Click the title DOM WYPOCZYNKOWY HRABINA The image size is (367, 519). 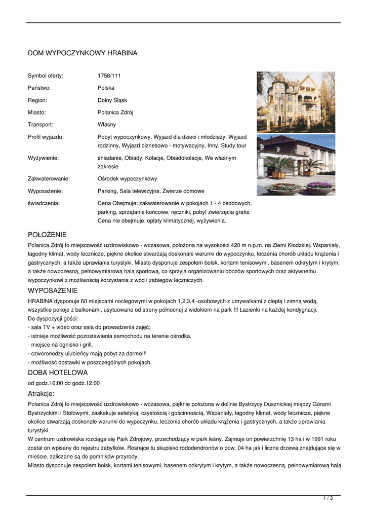coord(83,53)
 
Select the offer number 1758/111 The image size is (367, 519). coord(109,76)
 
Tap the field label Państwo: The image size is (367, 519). coord(39,88)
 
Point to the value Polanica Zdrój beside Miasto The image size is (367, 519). coord(115,113)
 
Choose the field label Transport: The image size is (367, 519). coord(40,125)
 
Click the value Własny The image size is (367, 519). coord(107,125)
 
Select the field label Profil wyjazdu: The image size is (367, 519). coord(46,137)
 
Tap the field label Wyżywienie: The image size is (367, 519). coord(43,158)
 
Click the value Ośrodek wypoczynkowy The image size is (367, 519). coord(128,179)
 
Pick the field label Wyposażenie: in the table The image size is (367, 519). coord(45,191)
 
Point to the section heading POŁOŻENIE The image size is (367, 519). coord(47,235)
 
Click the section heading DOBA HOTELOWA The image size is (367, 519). coord(58,373)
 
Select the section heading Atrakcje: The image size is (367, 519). coord(42,394)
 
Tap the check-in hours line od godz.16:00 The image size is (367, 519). coord(64,383)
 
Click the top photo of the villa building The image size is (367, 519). coord(296,102)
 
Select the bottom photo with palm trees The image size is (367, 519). coord(296,165)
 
